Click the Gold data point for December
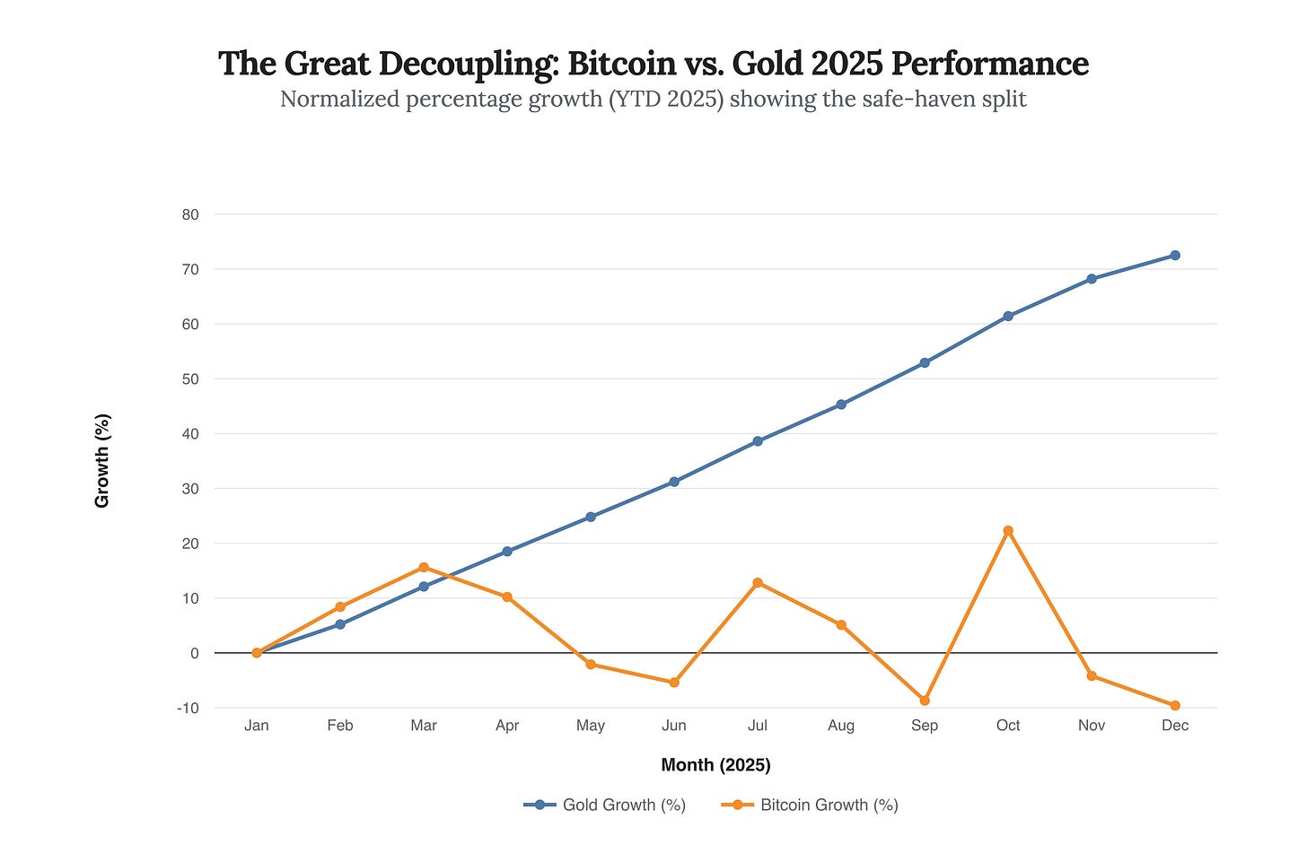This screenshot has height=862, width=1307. coord(1175,256)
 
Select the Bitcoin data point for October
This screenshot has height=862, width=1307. coord(1008,531)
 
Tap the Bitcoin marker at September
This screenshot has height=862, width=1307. coord(925,701)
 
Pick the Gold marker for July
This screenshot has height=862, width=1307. coord(758,441)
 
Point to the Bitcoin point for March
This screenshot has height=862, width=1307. coord(424,568)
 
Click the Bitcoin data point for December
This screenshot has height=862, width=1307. coord(1175,705)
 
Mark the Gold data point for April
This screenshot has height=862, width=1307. coord(507,552)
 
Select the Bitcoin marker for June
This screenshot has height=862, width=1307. coord(674,683)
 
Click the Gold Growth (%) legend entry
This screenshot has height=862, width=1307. coord(605,805)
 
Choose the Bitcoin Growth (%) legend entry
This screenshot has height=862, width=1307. coord(810,805)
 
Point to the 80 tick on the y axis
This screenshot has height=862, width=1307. coord(189,214)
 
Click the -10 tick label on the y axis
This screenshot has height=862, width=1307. coord(188,708)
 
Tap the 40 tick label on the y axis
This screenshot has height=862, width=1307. coord(189,434)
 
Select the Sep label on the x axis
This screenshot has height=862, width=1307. coord(925,726)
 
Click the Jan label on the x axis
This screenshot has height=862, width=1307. coord(257,726)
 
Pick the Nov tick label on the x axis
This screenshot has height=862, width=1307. coord(1092,726)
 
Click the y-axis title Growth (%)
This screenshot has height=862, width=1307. coord(102,461)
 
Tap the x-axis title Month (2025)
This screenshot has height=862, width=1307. coord(715,765)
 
